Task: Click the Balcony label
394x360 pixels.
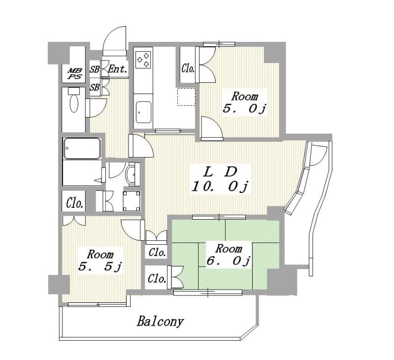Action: point(161,321)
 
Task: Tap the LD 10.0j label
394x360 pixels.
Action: point(220,179)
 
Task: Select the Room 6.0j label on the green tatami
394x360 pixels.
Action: point(228,255)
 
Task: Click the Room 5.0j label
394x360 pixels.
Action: point(244,102)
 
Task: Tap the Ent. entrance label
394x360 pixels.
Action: point(117,69)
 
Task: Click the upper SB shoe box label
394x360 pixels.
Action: point(95,69)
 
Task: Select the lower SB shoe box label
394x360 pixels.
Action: point(95,88)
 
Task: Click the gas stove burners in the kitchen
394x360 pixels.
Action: point(143,60)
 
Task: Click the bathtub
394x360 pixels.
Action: point(82,148)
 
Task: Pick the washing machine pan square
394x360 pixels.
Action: point(131,201)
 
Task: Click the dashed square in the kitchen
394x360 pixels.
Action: point(186,97)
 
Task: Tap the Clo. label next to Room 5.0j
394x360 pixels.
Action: point(188,68)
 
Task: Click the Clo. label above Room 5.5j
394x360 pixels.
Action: point(75,203)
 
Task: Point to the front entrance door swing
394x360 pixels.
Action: point(115,40)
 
